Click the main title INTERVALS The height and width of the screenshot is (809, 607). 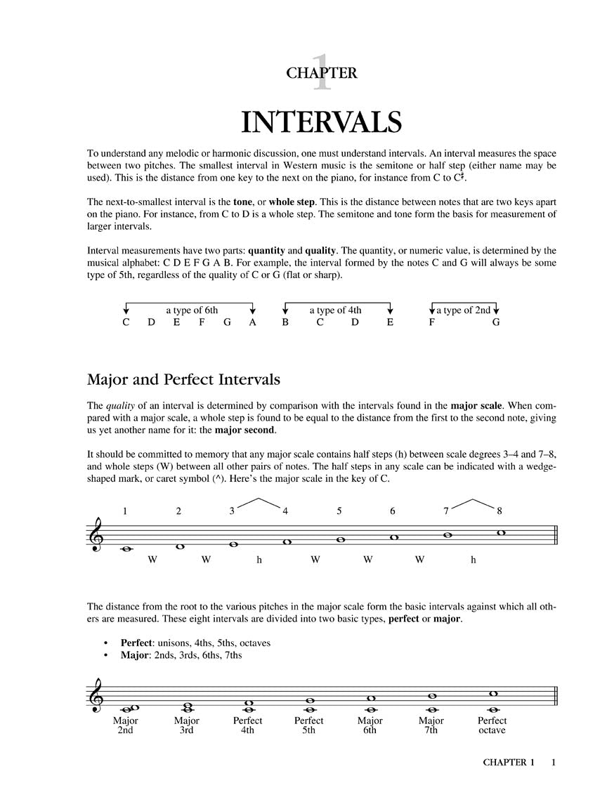pyautogui.click(x=321, y=121)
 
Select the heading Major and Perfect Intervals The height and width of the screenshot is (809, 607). pyautogui.click(x=183, y=380)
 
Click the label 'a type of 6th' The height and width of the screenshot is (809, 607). pyautogui.click(x=192, y=310)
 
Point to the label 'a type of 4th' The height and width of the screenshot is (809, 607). pyautogui.click(x=336, y=310)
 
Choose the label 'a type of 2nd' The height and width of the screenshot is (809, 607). pyautogui.click(x=464, y=310)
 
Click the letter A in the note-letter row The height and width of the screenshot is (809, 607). pyautogui.click(x=253, y=323)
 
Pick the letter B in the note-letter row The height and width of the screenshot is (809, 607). pyautogui.click(x=286, y=323)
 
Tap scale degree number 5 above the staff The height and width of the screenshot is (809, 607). pyautogui.click(x=339, y=511)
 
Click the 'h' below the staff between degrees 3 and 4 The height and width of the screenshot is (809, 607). pyautogui.click(x=259, y=560)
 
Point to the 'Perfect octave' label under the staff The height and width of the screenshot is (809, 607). pyautogui.click(x=492, y=725)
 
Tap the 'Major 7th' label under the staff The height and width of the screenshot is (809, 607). pyautogui.click(x=431, y=725)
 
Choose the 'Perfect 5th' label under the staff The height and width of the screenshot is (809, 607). pyautogui.click(x=308, y=725)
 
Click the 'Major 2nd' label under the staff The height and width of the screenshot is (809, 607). pyautogui.click(x=126, y=725)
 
